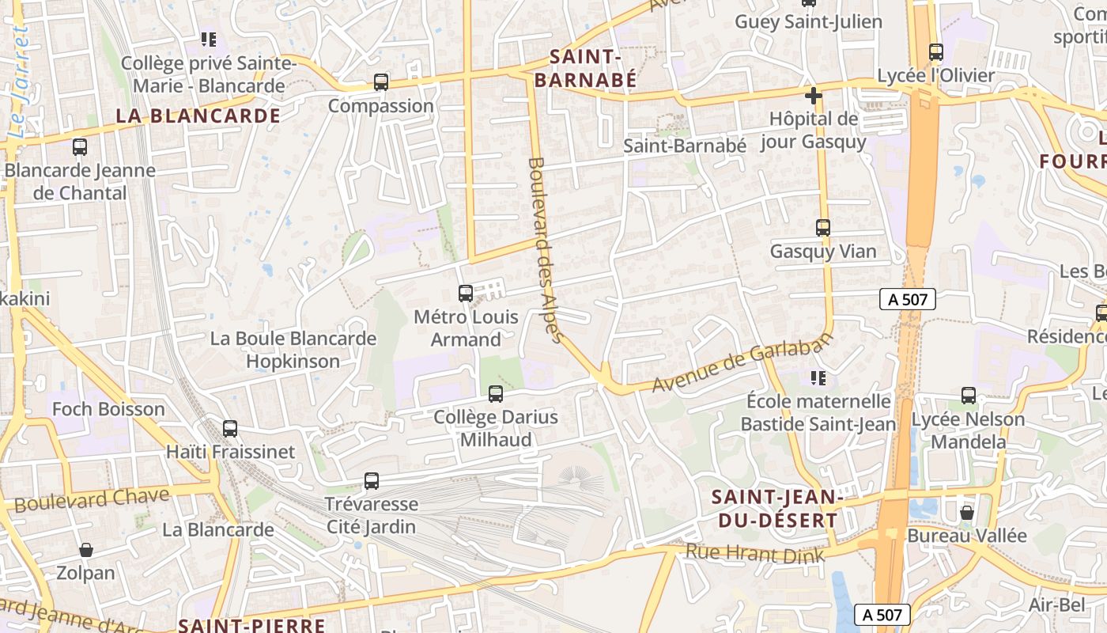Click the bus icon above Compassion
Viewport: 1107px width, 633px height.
pyautogui.click(x=381, y=82)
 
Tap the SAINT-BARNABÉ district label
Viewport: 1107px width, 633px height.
pyautogui.click(x=584, y=68)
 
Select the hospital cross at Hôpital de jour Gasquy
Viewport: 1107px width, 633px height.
pyautogui.click(x=813, y=97)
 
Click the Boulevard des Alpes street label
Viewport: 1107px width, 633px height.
pyautogui.click(x=546, y=250)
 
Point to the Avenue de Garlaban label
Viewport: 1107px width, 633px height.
pyautogui.click(x=743, y=363)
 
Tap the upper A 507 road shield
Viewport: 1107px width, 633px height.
pyautogui.click(x=908, y=299)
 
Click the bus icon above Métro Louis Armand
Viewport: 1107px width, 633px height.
pyautogui.click(x=466, y=294)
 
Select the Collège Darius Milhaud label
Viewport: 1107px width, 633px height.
pyautogui.click(x=496, y=428)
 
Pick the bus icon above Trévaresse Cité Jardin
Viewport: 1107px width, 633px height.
pyautogui.click(x=372, y=480)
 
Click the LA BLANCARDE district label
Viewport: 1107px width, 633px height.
pyautogui.click(x=198, y=116)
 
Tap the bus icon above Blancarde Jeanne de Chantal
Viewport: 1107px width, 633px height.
pyautogui.click(x=80, y=147)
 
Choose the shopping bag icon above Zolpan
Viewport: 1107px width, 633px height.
pyautogui.click(x=86, y=550)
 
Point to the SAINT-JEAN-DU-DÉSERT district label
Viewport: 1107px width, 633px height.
pyautogui.click(x=774, y=508)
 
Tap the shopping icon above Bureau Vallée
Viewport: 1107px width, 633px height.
pyautogui.click(x=966, y=513)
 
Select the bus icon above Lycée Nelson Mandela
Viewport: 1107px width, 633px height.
pyautogui.click(x=969, y=396)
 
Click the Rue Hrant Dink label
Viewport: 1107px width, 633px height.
pyautogui.click(x=754, y=553)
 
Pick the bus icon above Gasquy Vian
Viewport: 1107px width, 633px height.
pyautogui.click(x=823, y=228)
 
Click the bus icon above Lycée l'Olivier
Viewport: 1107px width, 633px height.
pyautogui.click(x=936, y=52)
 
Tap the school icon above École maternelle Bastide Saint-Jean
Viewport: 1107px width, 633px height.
pyautogui.click(x=818, y=378)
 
